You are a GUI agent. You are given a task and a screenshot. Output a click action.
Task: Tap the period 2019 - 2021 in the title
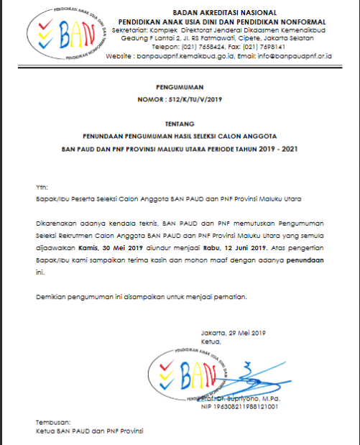(276, 150)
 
